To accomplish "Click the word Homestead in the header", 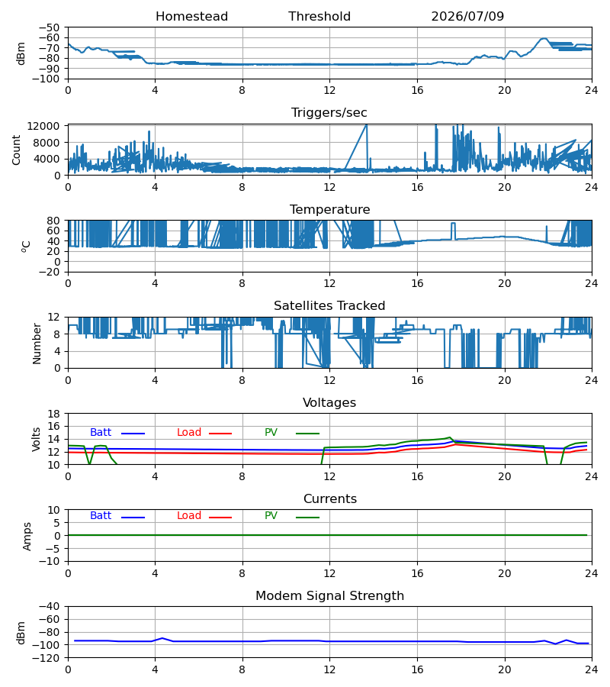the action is [191, 17].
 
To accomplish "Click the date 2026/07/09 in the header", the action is [467, 17].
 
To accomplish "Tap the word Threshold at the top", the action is [319, 17].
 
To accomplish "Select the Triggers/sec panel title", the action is [329, 113].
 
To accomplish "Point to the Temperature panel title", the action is [329, 209].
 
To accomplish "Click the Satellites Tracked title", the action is [329, 306].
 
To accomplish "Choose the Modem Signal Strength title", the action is [329, 596].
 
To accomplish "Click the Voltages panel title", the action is [329, 402].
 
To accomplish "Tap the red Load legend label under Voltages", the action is [189, 433].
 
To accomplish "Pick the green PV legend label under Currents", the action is [271, 516].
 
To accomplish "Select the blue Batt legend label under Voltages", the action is [101, 433].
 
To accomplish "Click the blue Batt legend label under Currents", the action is [101, 516].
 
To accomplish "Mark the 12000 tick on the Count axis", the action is [43, 126].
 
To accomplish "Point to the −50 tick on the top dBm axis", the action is [49, 27].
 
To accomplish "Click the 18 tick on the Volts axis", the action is [53, 414].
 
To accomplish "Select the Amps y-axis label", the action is [27, 537].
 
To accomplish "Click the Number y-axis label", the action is [37, 343].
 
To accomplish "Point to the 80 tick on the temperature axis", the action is [53, 221].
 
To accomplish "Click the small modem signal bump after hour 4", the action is [162, 638].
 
